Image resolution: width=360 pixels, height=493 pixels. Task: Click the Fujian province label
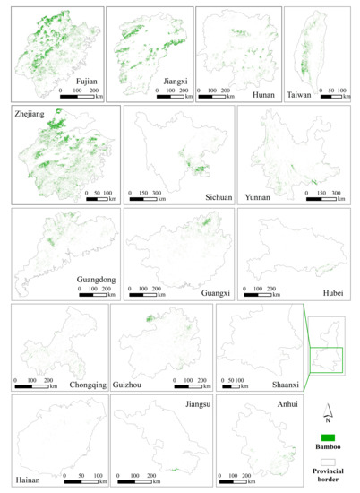87,81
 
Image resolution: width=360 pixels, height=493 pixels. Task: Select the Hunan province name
261,81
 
